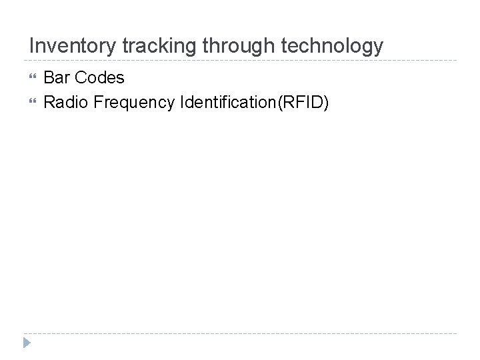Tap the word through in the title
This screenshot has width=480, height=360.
coord(235,45)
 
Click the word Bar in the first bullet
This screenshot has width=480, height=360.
coord(55,78)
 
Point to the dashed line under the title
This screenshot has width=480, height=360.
coord(240,61)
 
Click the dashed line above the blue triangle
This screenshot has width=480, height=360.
coord(240,333)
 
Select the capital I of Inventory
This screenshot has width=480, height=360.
coord(32,45)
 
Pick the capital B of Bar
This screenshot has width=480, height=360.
coord(49,78)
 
